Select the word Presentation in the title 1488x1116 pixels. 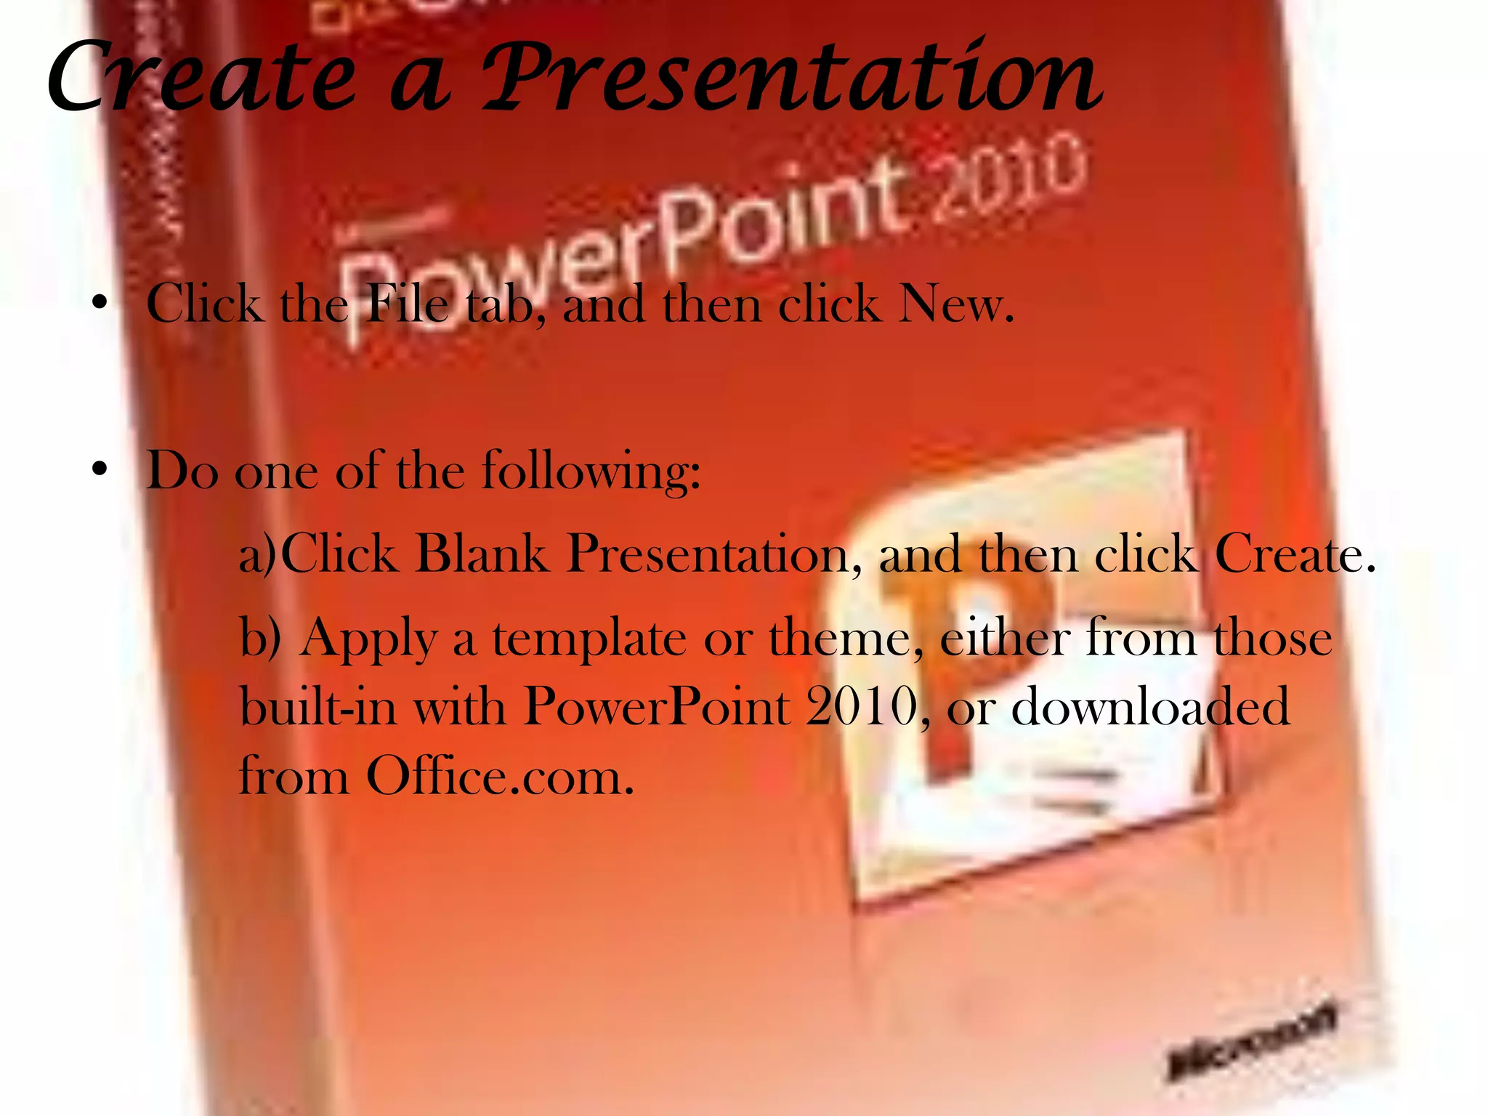pos(793,78)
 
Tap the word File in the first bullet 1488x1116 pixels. pos(408,304)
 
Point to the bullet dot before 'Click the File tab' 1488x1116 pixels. pos(100,301)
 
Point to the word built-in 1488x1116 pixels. pos(318,706)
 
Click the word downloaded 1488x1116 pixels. pos(1151,706)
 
